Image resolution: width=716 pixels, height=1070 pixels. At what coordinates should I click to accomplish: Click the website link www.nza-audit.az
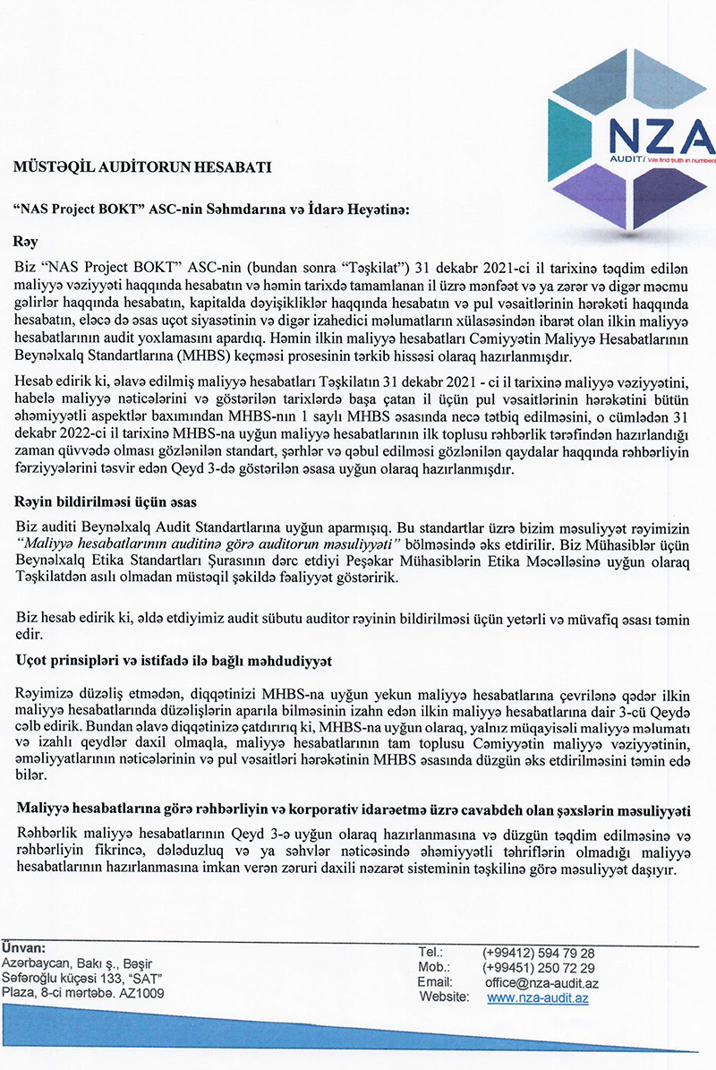[537, 997]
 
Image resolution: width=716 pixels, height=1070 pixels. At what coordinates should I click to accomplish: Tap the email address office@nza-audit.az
[541, 983]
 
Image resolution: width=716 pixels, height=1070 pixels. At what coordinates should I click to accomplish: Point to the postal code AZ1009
[142, 993]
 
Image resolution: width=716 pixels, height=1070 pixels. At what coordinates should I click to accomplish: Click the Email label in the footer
[435, 983]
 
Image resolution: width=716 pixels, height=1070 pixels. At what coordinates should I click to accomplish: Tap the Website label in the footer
[443, 997]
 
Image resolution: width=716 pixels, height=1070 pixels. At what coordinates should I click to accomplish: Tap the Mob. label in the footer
[433, 968]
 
